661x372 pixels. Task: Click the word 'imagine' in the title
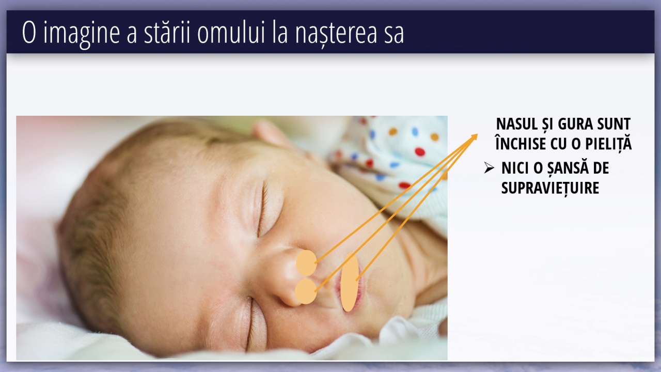(82, 33)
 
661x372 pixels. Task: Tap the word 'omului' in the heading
(231, 32)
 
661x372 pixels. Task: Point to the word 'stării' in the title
(167, 32)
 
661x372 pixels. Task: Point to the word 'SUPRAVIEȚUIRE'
(550, 188)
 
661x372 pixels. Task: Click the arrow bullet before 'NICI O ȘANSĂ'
(489, 168)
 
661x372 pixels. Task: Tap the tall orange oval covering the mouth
(350, 282)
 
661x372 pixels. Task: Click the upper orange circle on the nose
(307, 263)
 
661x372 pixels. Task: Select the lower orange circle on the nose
(306, 291)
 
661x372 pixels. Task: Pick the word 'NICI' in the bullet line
(513, 168)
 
